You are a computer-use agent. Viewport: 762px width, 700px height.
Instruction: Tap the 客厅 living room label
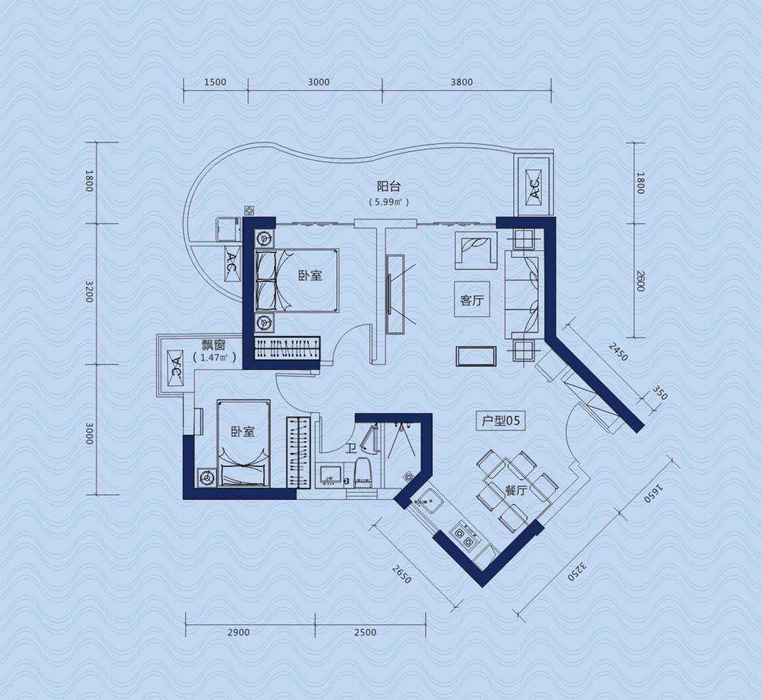[472, 300]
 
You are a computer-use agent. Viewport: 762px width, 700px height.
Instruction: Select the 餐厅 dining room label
[516, 491]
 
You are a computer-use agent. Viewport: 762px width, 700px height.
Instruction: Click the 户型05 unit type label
[501, 421]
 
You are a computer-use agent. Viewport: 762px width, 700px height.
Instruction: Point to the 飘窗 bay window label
[213, 345]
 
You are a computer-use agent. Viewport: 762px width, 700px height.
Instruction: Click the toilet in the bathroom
[362, 473]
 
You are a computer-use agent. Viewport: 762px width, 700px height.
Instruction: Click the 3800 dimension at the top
[462, 82]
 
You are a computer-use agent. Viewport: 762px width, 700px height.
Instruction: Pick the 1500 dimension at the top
[215, 82]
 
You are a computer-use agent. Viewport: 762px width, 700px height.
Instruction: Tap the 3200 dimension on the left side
[90, 292]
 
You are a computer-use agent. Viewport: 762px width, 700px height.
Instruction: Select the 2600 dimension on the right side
[641, 281]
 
